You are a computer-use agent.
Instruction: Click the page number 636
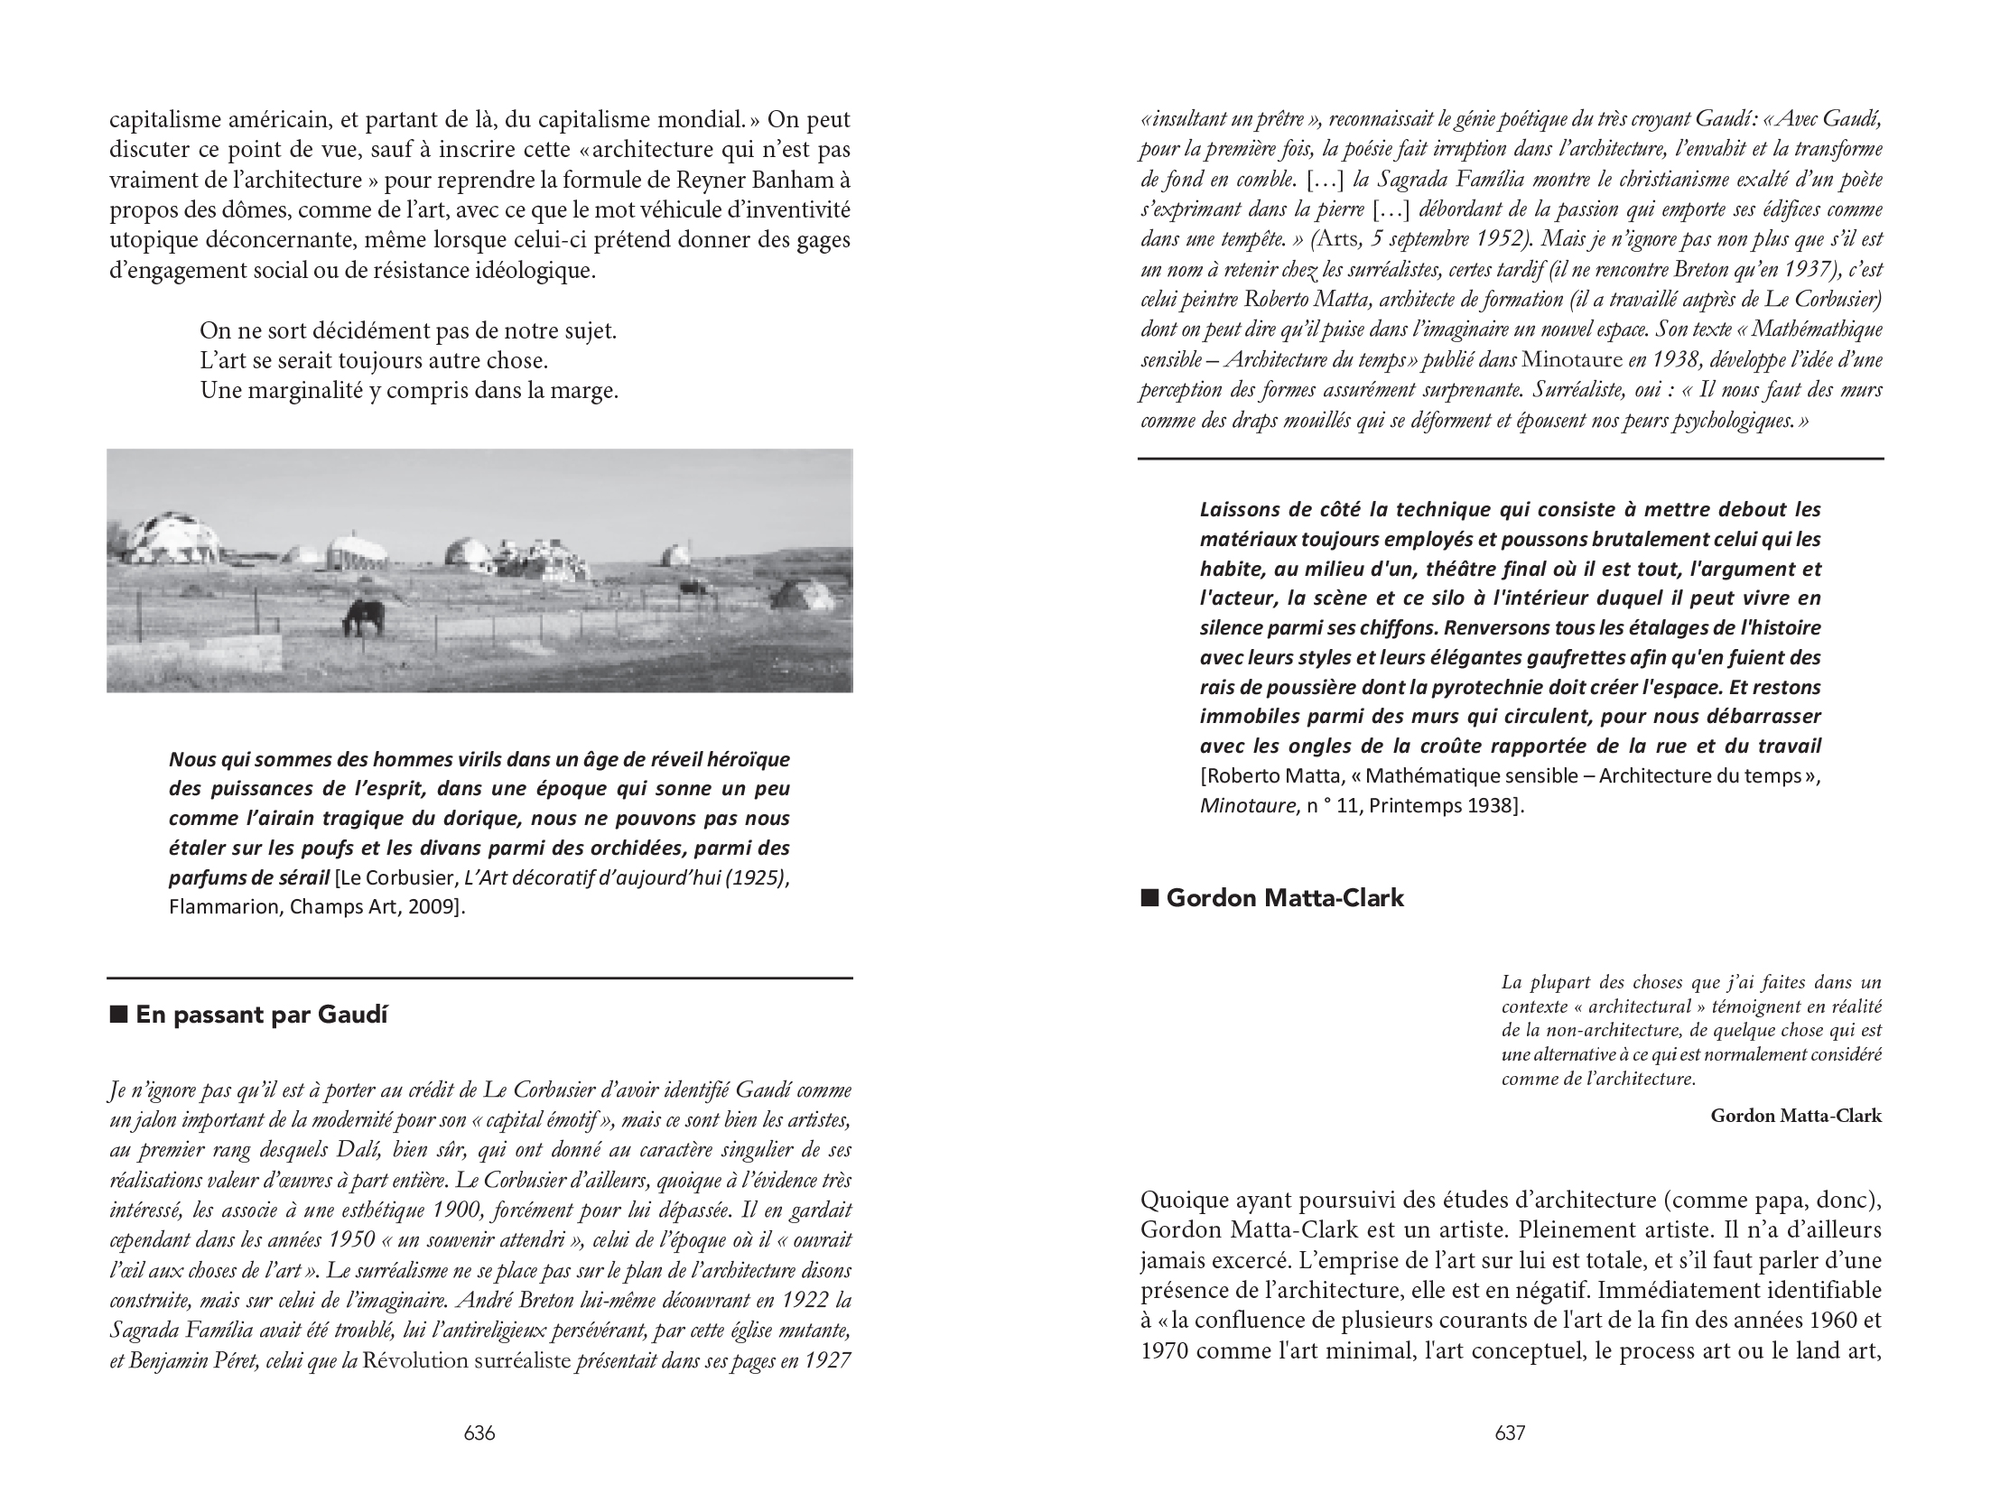coord(479,1433)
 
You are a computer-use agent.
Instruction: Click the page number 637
coord(1510,1433)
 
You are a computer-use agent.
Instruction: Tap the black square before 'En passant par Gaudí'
coord(117,1015)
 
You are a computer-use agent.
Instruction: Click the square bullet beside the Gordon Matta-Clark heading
coord(1149,898)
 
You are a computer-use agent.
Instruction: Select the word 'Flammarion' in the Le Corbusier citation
coord(224,907)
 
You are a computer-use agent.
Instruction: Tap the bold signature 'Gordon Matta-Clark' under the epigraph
coord(1796,1116)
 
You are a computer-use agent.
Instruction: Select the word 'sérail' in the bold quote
coord(302,878)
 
